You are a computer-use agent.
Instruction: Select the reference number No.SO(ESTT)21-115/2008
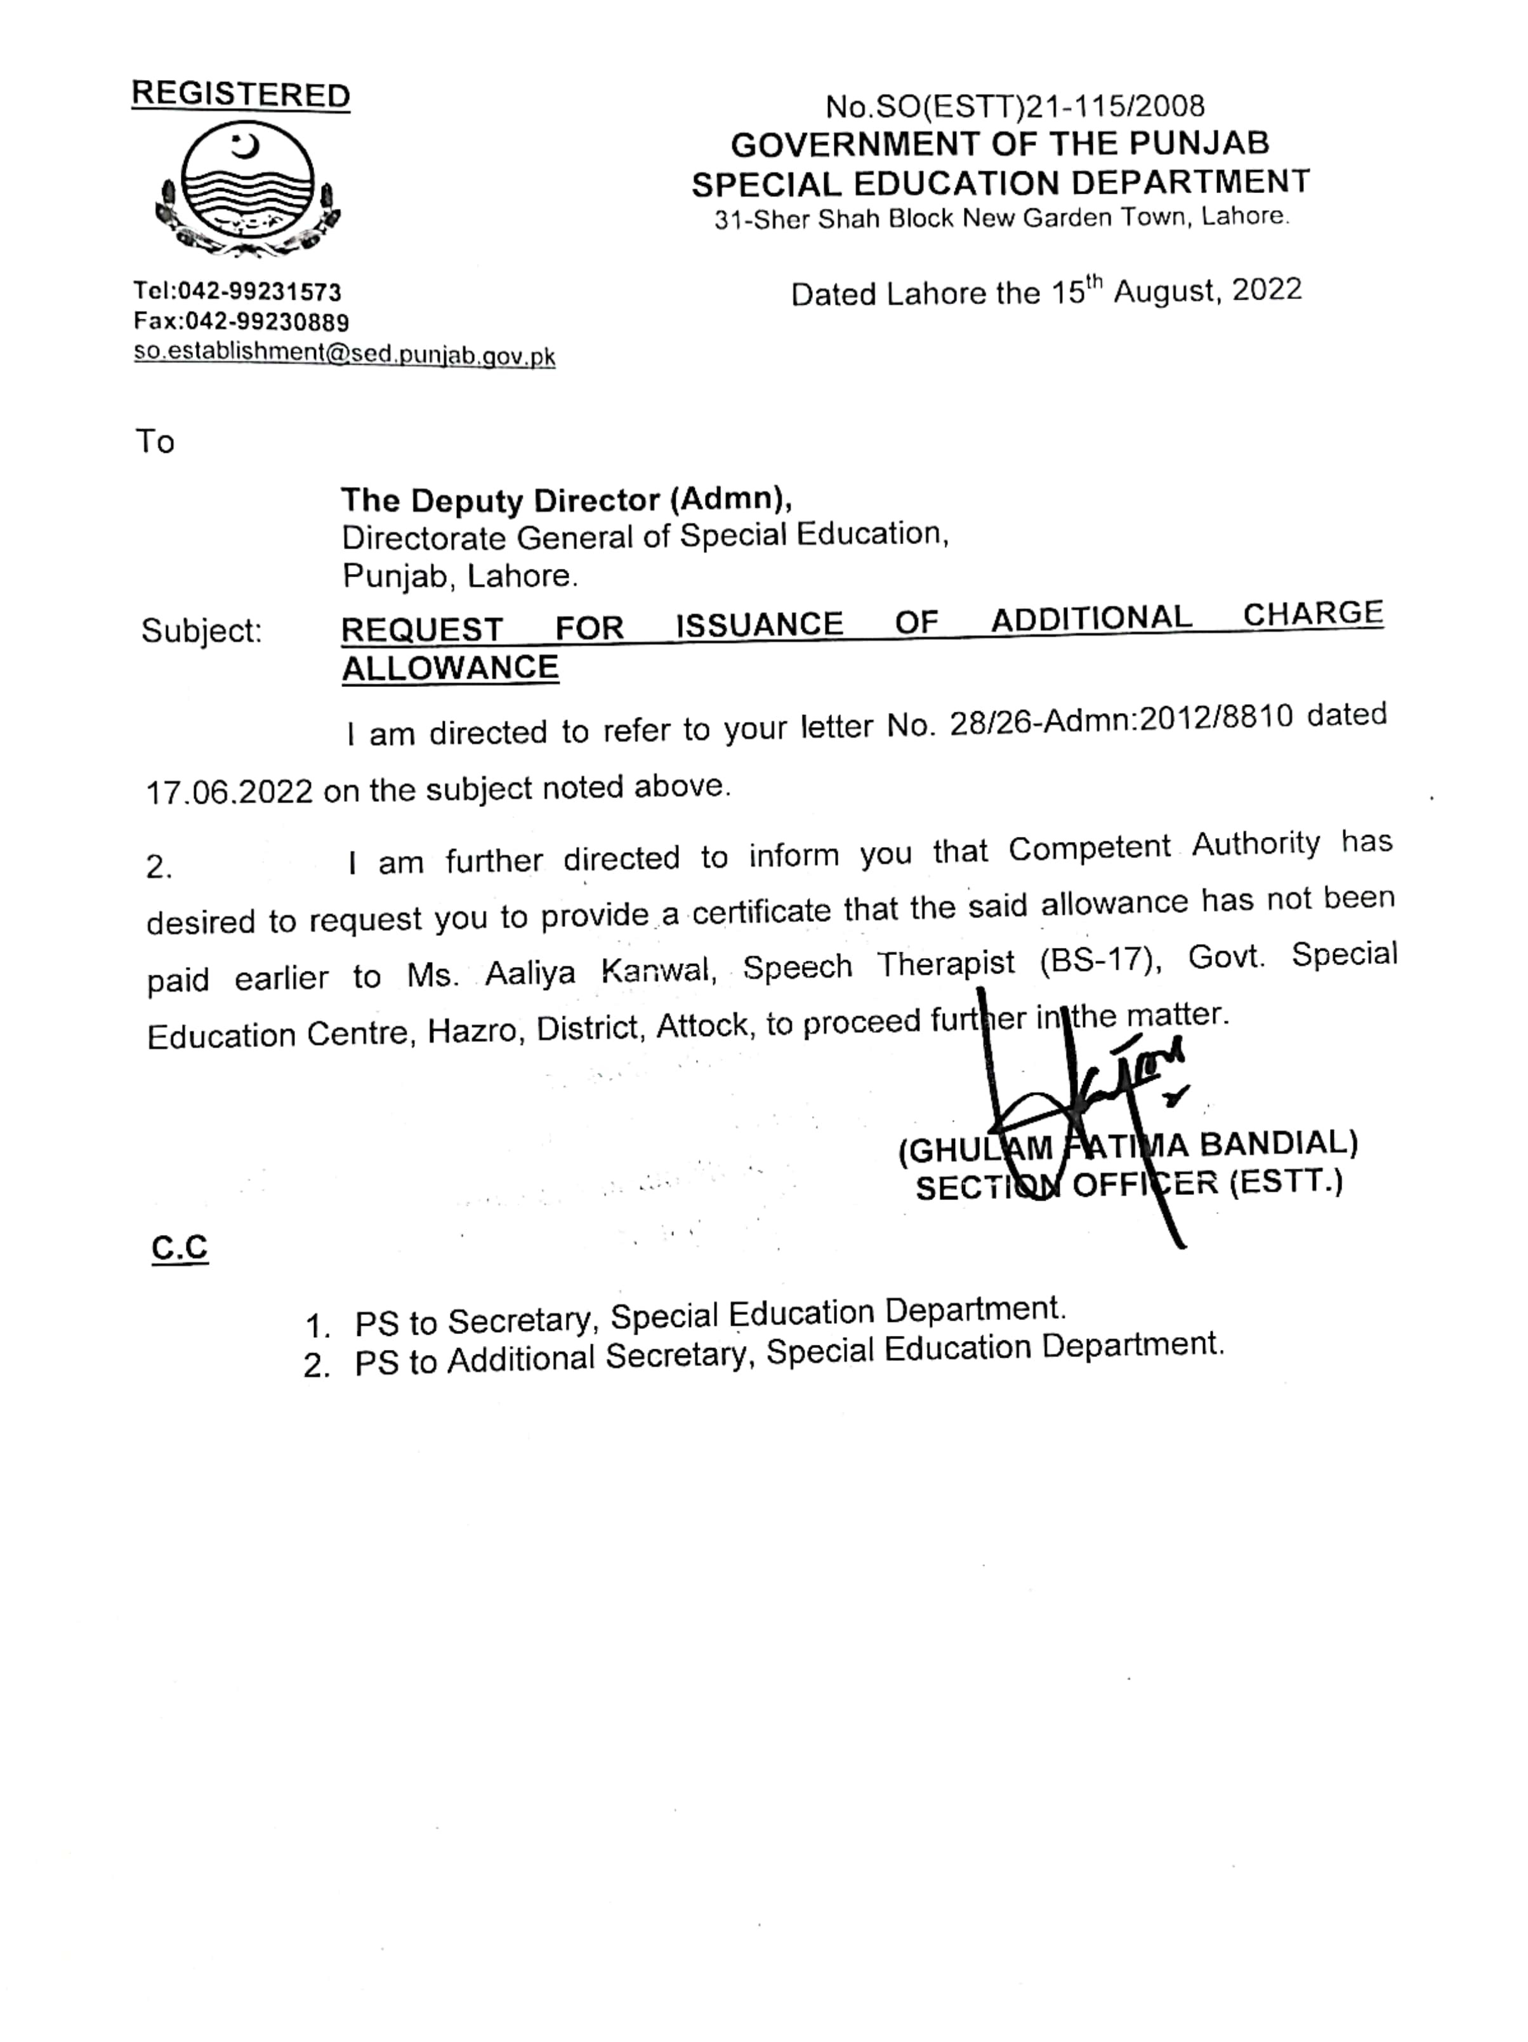1015,106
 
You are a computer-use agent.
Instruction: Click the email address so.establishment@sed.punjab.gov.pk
344,354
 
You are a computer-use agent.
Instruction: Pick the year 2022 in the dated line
1266,290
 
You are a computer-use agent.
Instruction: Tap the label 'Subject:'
201,631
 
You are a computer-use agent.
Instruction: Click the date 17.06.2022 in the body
230,792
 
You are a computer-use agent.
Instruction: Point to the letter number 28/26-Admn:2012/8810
1121,721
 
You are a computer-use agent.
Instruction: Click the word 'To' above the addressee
155,441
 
